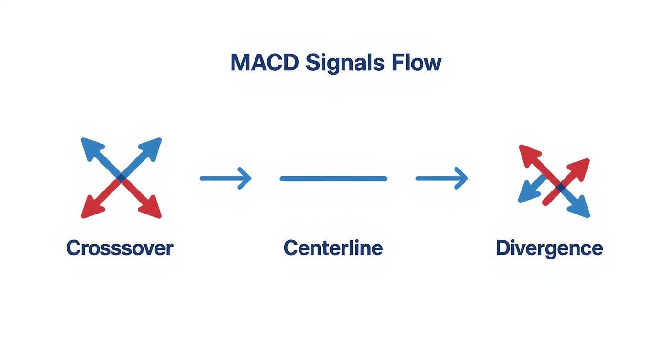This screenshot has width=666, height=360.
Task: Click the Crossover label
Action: pyautogui.click(x=120, y=248)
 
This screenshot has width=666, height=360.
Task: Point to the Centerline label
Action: pyautogui.click(x=333, y=248)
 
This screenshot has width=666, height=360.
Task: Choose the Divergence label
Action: pyautogui.click(x=549, y=248)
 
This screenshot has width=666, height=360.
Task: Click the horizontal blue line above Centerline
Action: pyautogui.click(x=333, y=179)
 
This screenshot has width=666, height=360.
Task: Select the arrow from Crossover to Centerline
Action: pyautogui.click(x=225, y=179)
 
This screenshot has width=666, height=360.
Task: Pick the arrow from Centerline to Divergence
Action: pyautogui.click(x=442, y=179)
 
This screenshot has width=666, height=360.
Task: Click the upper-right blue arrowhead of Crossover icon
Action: pyautogui.click(x=154, y=145)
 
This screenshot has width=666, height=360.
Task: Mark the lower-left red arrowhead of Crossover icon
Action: pyautogui.click(x=89, y=211)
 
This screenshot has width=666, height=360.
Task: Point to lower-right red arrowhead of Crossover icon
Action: pyautogui.click(x=154, y=211)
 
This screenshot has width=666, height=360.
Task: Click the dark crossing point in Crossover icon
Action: pyautogui.click(x=122, y=178)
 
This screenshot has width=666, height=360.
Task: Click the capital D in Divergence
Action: pyautogui.click(x=503, y=248)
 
